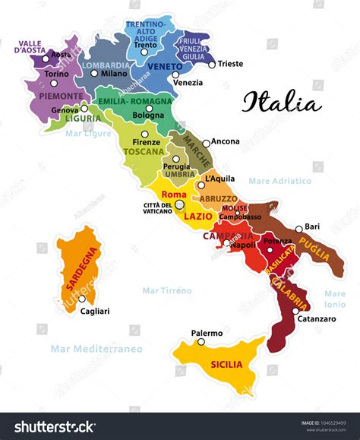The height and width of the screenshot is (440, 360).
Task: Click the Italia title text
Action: (x=282, y=102)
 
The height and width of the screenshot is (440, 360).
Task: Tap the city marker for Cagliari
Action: (x=82, y=299)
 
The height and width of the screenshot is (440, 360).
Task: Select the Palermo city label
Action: (x=207, y=333)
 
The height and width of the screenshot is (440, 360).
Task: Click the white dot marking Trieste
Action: (x=212, y=65)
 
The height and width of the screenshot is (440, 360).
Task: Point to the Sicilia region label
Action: (x=227, y=364)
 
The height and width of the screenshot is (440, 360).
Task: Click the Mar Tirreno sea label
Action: (x=167, y=290)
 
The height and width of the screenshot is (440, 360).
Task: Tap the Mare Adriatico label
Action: (x=279, y=181)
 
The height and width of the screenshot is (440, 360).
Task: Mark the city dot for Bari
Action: (x=298, y=228)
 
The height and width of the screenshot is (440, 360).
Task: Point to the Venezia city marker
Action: (x=175, y=74)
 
